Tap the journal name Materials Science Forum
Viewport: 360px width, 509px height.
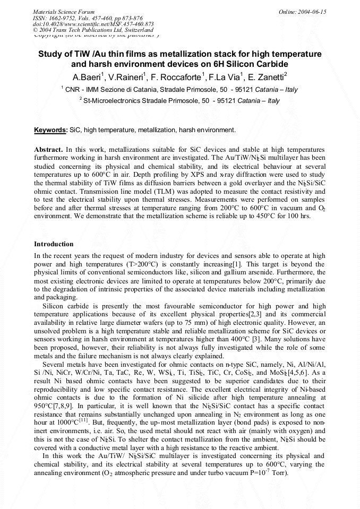tap(64, 12)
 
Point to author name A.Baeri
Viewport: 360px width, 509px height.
tap(88, 76)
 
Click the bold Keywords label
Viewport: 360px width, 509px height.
tap(50, 130)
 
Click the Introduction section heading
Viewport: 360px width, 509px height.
tap(54, 244)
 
